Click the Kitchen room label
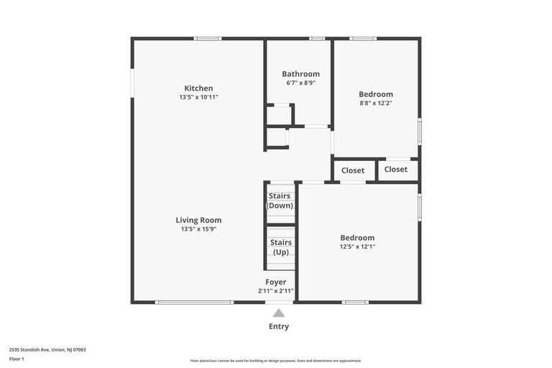click(x=198, y=88)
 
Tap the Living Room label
click(x=198, y=220)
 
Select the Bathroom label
click(x=300, y=73)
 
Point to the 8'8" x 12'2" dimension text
click(x=376, y=103)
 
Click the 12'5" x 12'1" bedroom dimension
click(x=357, y=247)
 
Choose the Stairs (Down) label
click(x=280, y=201)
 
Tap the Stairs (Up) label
click(x=280, y=247)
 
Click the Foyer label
click(x=276, y=282)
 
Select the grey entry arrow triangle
click(x=279, y=313)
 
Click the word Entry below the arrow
click(x=279, y=326)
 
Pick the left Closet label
click(x=353, y=170)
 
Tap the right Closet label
click(x=396, y=170)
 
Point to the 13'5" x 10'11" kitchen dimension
click(x=198, y=97)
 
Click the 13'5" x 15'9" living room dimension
click(x=198, y=229)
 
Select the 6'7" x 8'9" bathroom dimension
click(x=300, y=83)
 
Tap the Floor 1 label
click(x=17, y=359)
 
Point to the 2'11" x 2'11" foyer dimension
click(x=276, y=291)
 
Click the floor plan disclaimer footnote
click(x=276, y=361)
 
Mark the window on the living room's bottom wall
click(x=195, y=303)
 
